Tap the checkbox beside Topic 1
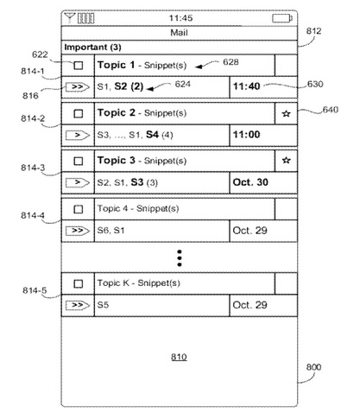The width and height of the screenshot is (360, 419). click(79, 66)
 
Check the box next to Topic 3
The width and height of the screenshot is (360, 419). click(79, 161)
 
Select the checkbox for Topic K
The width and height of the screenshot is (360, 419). click(79, 284)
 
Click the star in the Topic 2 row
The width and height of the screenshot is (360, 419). click(286, 113)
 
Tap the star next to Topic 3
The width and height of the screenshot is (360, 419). click(286, 160)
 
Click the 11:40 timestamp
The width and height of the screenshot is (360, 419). click(247, 86)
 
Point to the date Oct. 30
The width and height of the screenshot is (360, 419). click(250, 182)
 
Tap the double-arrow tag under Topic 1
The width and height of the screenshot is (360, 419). click(78, 86)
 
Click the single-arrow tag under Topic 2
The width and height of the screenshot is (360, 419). click(78, 135)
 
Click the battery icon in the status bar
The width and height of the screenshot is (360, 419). click(282, 18)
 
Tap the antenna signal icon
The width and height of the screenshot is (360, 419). click(70, 18)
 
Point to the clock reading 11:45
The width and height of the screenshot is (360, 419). click(180, 18)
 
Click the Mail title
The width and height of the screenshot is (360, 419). click(179, 33)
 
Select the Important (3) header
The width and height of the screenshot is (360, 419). click(92, 48)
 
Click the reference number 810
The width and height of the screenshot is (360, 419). click(179, 357)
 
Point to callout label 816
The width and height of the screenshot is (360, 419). click(30, 96)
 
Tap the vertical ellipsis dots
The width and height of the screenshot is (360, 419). click(180, 258)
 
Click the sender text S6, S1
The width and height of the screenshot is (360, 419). click(111, 231)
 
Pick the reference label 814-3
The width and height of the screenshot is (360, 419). click(33, 168)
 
